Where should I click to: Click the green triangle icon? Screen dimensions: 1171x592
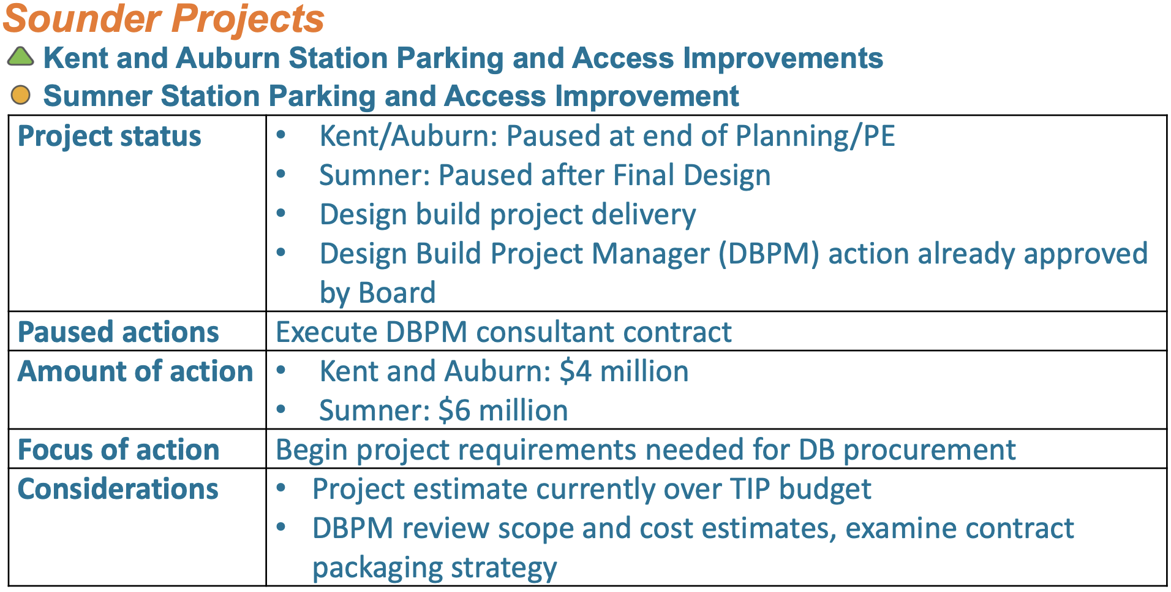tap(20, 57)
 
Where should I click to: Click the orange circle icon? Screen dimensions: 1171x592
tap(21, 95)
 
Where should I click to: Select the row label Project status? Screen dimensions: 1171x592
tap(110, 136)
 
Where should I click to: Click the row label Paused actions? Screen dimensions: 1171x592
tap(118, 332)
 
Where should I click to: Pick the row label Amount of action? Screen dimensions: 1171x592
tap(135, 371)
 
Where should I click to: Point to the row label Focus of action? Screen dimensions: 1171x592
tap(119, 450)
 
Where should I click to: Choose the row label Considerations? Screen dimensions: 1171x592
tap(118, 489)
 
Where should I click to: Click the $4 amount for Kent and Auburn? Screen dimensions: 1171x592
tap(576, 371)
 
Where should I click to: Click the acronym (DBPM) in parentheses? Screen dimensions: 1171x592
tap(769, 254)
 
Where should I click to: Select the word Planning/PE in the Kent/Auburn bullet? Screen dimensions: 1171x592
tap(815, 137)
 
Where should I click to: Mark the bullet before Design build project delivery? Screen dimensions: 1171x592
tap(281, 213)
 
